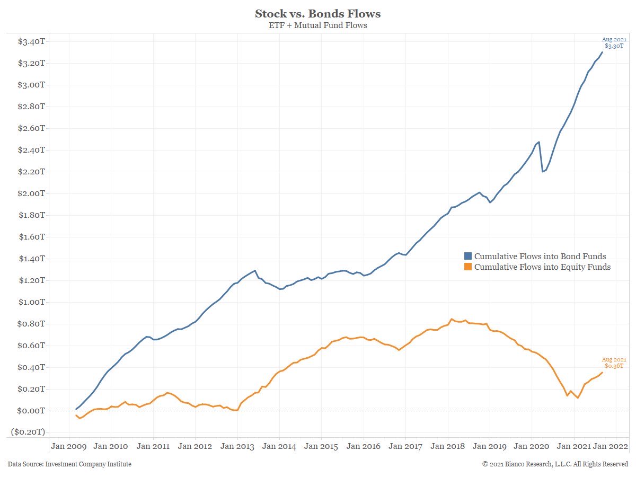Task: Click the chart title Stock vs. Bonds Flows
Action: [317, 13]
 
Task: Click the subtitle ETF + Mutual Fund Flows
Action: [317, 25]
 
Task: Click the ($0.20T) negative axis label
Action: [28, 432]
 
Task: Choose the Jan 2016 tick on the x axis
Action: [364, 446]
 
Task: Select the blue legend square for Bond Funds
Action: [468, 256]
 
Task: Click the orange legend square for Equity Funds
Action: [468, 267]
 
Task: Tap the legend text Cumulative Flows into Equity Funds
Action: [542, 267]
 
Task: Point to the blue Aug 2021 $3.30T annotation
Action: [614, 43]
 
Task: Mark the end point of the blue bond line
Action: [602, 52]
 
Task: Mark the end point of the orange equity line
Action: [602, 372]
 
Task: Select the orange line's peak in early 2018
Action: [452, 319]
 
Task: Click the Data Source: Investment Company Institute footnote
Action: [69, 464]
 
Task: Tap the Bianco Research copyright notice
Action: [555, 464]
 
